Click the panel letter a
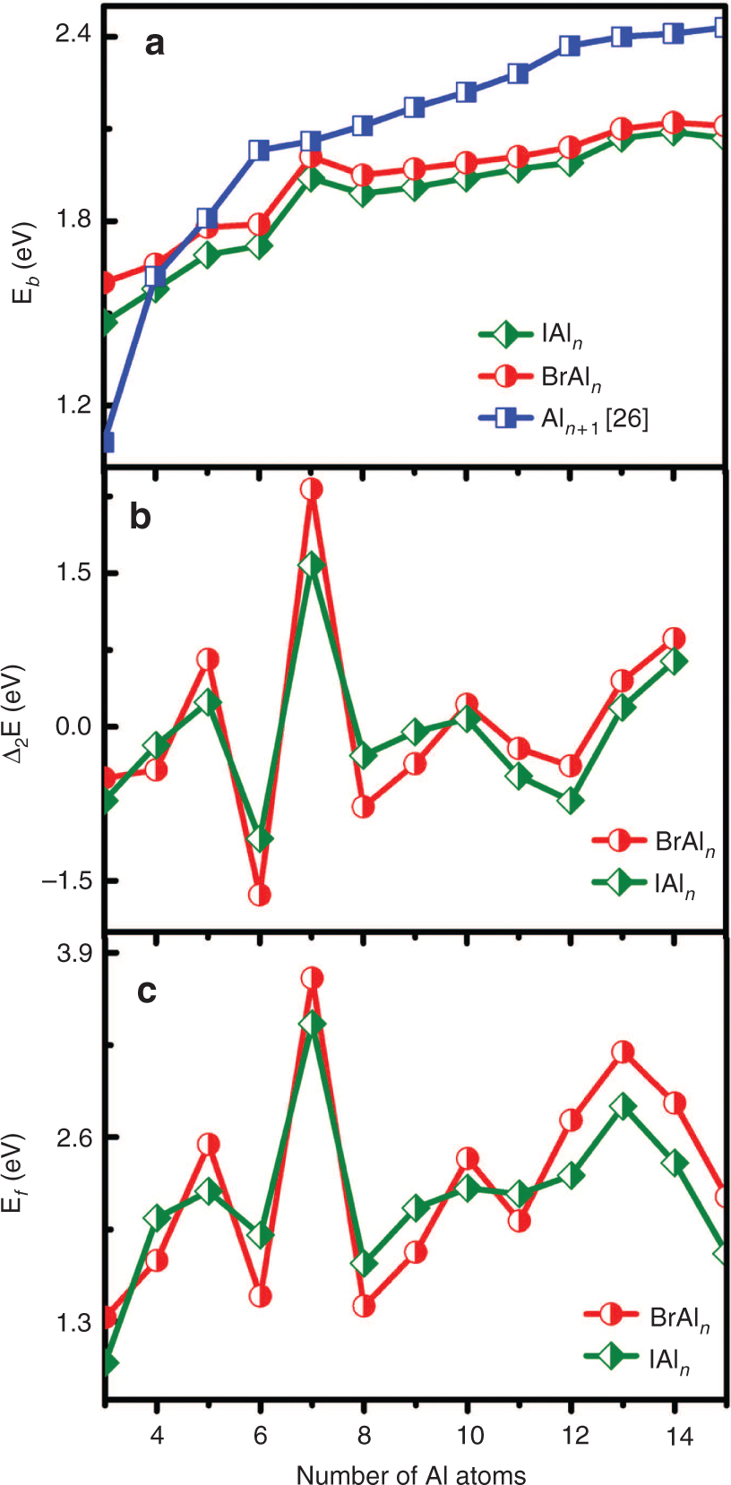tap(154, 43)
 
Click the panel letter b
tap(141, 517)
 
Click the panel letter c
tap(147, 991)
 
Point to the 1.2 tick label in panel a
tap(73, 404)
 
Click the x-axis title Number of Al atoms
tap(411, 1473)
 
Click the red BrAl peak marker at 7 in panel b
tap(312, 489)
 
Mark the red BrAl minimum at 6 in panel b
tap(260, 895)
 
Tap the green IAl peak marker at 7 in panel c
tap(312, 1024)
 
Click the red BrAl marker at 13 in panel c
tap(623, 1052)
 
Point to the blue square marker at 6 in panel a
tap(260, 150)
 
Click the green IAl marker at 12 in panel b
tap(570, 801)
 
